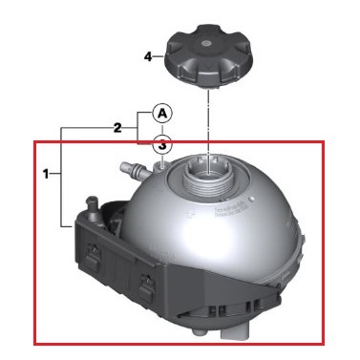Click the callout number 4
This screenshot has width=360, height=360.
click(148, 56)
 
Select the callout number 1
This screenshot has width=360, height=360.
click(45, 175)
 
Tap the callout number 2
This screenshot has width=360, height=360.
click(117, 127)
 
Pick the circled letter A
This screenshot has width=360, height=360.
click(163, 113)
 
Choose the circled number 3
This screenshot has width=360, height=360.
click(163, 145)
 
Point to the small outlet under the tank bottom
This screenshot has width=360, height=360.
click(197, 332)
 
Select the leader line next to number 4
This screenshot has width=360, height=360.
click(159, 56)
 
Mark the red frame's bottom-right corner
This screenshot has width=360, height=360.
click(325, 343)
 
